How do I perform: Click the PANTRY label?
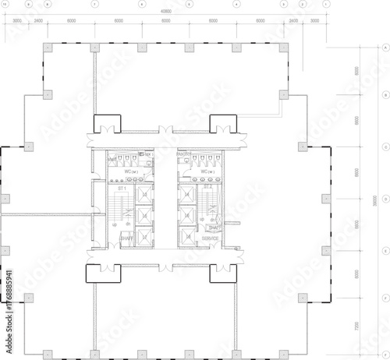coord(185,154)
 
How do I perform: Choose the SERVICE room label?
coord(211,238)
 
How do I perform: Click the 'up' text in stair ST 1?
coord(116,225)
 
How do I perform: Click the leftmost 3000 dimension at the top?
coord(17,21)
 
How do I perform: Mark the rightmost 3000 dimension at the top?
coord(314,21)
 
